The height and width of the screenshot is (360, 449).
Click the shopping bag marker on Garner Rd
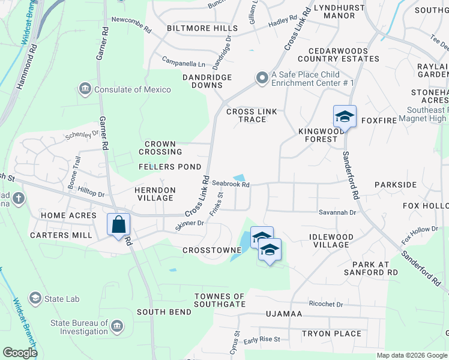pos(119,225)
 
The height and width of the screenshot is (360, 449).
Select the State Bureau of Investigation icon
pos(117,327)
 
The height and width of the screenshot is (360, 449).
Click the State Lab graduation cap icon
pos(35,298)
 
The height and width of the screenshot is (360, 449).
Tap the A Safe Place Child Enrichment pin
pos(262,78)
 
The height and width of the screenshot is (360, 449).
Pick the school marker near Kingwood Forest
pos(345,116)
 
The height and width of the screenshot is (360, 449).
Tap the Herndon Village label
pos(155,194)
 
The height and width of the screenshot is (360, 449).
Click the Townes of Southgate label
pos(220,300)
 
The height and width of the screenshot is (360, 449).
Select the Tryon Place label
pos(331,334)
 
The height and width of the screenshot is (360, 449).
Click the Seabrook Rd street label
pos(231,185)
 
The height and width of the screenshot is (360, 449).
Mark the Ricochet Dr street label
pos(325,304)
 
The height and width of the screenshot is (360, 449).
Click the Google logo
pos(20,353)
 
